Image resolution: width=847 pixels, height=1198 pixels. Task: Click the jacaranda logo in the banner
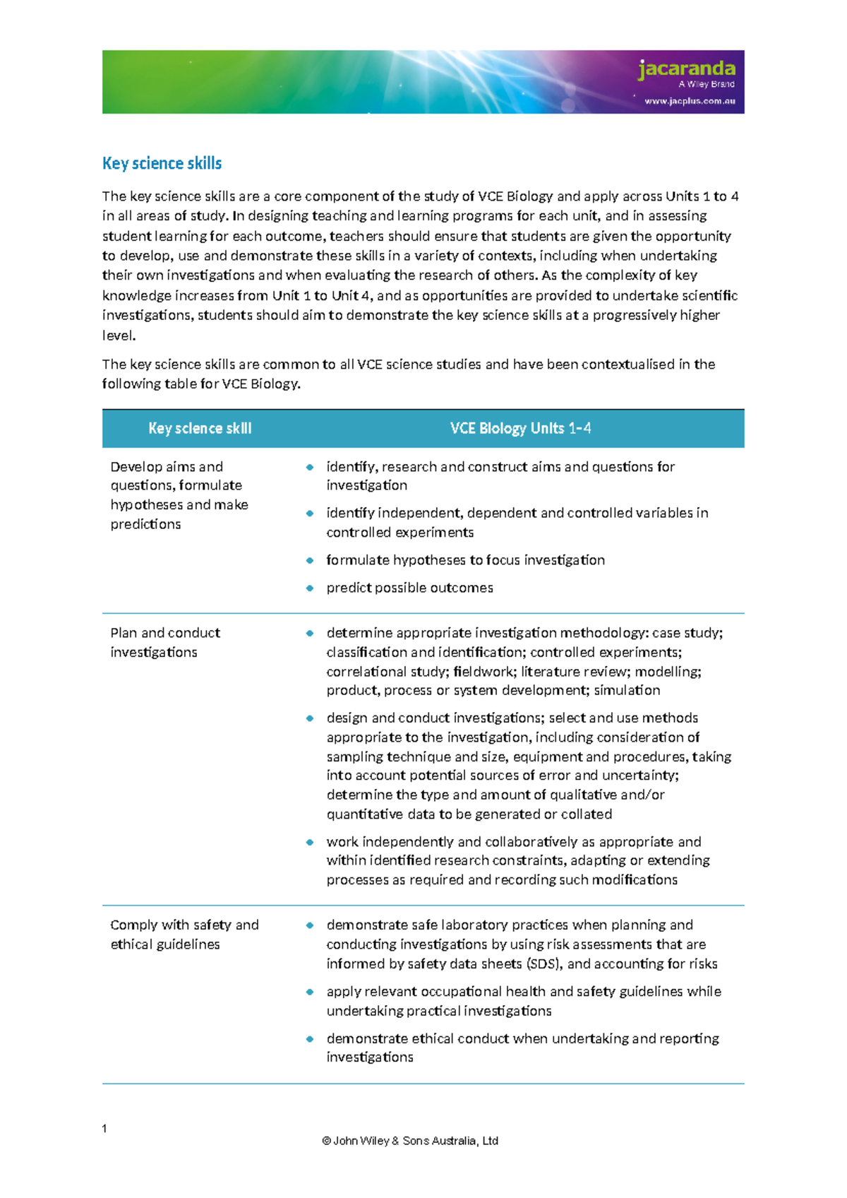click(686, 69)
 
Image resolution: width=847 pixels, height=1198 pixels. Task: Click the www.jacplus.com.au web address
click(690, 101)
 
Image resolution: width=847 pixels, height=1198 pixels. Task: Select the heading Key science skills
click(162, 163)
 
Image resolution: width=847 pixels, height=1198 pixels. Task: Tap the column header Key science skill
click(200, 428)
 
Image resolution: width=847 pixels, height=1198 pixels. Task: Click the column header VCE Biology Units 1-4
click(520, 428)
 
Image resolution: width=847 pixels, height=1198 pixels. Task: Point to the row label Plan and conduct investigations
click(165, 642)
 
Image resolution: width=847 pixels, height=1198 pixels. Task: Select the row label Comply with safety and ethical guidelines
click(184, 934)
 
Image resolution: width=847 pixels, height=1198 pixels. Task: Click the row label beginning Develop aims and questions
click(179, 495)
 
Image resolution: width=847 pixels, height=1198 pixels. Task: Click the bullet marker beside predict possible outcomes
click(309, 588)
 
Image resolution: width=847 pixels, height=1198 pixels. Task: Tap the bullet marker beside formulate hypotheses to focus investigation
click(309, 560)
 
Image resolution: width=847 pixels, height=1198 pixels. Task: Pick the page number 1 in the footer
click(104, 1128)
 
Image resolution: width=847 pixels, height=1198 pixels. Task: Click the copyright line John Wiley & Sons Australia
click(410, 1140)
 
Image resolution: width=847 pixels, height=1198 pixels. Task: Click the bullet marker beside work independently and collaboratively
click(309, 842)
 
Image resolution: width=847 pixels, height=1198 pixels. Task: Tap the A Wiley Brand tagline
click(707, 84)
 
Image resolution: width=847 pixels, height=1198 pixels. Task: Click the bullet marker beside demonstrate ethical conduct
click(309, 1039)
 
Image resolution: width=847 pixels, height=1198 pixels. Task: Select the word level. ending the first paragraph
click(119, 336)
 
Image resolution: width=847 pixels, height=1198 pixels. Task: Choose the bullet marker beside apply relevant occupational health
click(309, 992)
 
